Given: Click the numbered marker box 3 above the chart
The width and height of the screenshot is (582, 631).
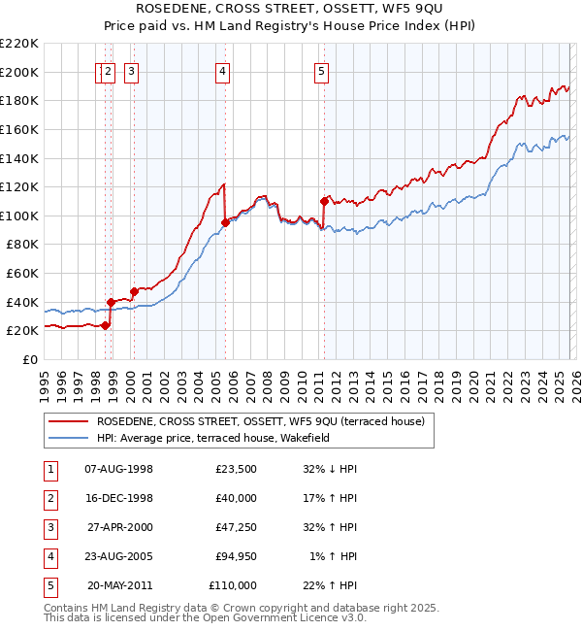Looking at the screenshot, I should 131,70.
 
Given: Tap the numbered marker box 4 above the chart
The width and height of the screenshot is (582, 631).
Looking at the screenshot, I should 223,70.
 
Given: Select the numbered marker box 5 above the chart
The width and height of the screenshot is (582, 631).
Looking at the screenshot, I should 321,70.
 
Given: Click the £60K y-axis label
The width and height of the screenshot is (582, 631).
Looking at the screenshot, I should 22,274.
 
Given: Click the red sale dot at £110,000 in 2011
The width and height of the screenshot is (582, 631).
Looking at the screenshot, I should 324,202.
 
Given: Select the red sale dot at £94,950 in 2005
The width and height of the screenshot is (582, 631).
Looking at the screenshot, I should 225,222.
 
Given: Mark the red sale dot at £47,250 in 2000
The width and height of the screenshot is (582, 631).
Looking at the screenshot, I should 134,291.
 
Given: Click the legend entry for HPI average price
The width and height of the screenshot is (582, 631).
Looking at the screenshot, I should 212,439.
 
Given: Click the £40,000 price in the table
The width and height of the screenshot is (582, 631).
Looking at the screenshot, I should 233,498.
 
